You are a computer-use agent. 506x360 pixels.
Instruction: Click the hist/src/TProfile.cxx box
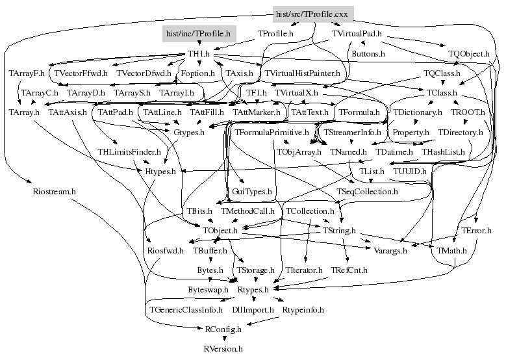tap(312, 14)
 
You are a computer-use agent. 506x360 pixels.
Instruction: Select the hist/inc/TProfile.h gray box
tap(198, 32)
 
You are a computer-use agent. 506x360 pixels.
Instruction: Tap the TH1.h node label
tap(199, 53)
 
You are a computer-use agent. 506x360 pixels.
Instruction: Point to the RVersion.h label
tap(223, 349)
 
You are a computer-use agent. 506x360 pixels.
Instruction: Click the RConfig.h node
tap(223, 329)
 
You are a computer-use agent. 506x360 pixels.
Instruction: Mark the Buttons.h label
tap(368, 53)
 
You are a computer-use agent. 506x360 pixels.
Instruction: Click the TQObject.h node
tap(469, 53)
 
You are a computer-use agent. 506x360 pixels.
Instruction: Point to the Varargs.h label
tap(390, 250)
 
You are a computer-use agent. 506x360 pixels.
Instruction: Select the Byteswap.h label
tap(208, 289)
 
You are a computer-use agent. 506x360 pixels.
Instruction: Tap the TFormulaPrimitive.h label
tap(272, 133)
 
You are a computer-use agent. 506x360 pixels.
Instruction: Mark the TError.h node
tap(476, 231)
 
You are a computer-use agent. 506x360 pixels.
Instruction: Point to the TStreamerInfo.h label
tap(351, 133)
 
